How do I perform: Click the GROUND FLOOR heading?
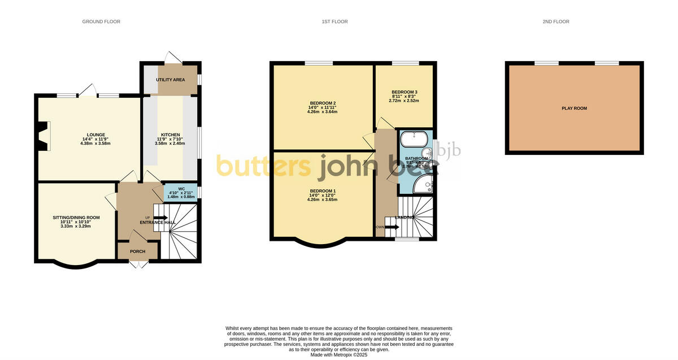point(101,21)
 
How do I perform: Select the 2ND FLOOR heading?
point(555,21)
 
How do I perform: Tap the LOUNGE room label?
point(88,135)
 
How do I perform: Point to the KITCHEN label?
point(171,135)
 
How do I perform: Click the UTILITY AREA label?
point(170,80)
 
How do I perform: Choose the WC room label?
point(181,188)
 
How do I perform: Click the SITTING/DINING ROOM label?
point(76,218)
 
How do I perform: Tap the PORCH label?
point(137,251)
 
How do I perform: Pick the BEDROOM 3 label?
point(405,92)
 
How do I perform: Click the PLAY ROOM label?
point(574,108)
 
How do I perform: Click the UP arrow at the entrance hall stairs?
point(160,218)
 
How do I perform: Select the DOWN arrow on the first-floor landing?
point(392,227)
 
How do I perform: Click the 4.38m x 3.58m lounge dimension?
point(88,144)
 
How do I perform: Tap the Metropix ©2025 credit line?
point(339,355)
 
